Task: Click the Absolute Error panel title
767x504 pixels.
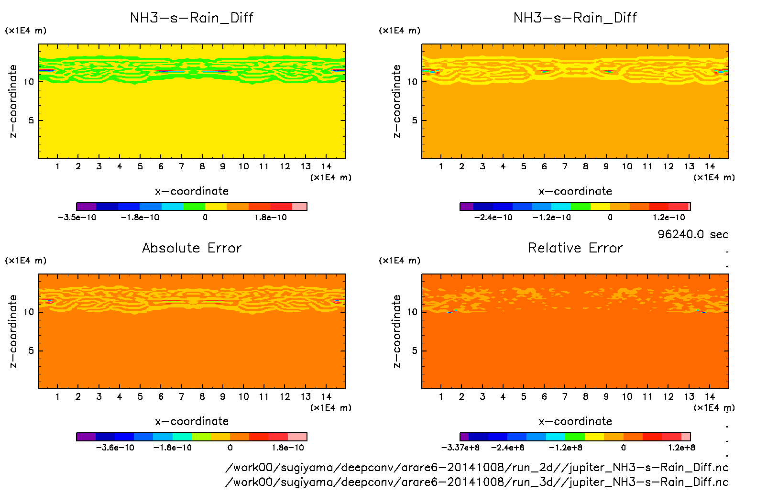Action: [192, 248]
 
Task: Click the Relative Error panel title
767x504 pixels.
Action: [575, 248]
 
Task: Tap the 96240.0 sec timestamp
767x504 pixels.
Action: [693, 234]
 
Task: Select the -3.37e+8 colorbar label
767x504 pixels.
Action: [460, 448]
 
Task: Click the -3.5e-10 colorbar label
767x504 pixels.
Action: [77, 217]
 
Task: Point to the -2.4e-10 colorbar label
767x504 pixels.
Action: [493, 217]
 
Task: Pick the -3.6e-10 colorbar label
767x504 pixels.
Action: [115, 448]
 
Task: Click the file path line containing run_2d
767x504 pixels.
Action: [477, 467]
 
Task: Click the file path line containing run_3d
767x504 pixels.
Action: [477, 482]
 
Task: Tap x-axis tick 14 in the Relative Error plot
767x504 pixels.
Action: [710, 396]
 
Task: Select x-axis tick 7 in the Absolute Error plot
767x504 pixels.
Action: [181, 396]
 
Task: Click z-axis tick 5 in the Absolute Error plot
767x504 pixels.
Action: [31, 351]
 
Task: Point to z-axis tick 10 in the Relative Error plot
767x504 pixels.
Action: [412, 312]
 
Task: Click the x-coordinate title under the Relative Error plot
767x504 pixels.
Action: [575, 421]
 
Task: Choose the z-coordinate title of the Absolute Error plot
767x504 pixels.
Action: [13, 331]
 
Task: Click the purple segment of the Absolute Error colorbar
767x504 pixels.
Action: [86, 437]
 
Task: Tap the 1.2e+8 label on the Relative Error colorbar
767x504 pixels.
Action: [681, 448]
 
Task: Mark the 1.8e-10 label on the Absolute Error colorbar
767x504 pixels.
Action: [288, 448]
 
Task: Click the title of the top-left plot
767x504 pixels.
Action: [192, 18]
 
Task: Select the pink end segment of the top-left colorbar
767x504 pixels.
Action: [299, 207]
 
